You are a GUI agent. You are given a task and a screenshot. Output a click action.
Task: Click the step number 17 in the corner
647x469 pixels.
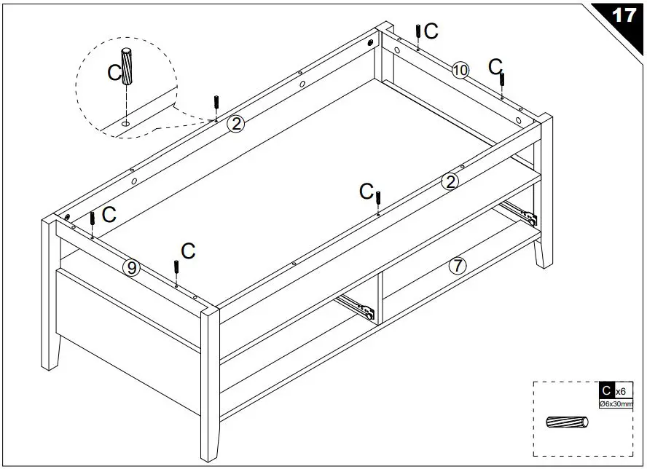coord(624,15)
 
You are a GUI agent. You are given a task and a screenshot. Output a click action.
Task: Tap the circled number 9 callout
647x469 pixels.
coord(131,268)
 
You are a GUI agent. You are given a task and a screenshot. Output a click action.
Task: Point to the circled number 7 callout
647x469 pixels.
coord(457,266)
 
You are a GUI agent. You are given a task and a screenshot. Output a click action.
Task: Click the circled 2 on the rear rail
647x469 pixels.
coord(235,124)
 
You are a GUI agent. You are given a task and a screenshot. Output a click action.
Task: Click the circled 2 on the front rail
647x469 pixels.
coord(450,181)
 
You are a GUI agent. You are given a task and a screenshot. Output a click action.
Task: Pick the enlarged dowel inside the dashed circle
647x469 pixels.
coord(127,67)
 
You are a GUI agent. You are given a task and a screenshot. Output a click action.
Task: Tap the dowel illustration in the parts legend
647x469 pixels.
coord(568,423)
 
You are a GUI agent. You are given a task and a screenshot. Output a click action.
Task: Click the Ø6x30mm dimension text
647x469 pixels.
coord(616,403)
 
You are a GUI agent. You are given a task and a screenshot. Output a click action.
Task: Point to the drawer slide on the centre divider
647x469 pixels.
coord(357,307)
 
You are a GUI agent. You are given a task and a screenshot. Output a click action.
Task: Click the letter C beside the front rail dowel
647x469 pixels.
coord(366,191)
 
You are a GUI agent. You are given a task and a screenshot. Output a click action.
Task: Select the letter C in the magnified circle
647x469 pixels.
coord(114,72)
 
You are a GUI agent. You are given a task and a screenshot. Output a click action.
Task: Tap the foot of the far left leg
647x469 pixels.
coord(48,364)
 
